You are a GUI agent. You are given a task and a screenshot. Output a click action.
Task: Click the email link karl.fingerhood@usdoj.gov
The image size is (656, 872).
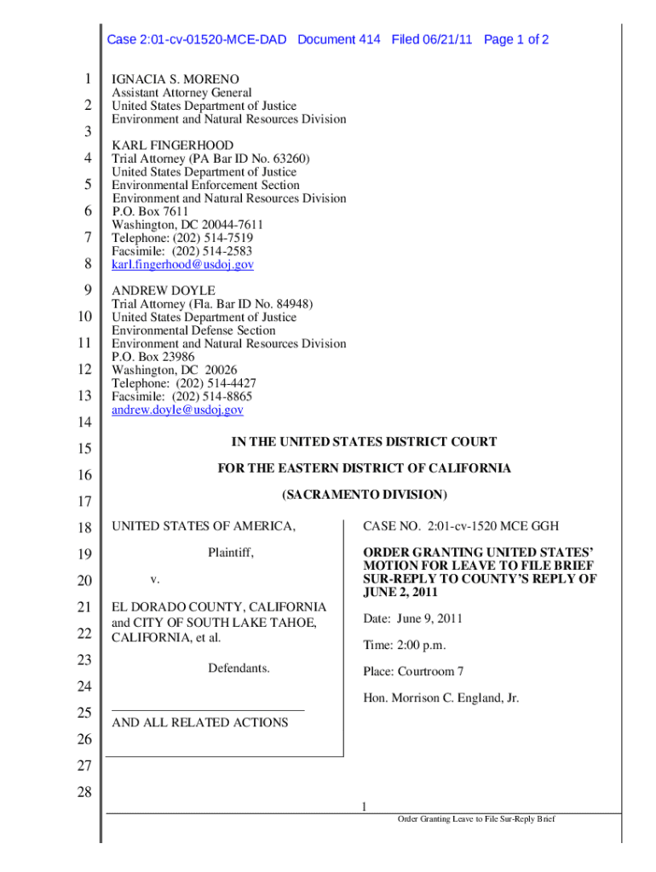[x=183, y=265]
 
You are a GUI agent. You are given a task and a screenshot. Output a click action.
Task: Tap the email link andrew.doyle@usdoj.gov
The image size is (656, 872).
[x=178, y=410]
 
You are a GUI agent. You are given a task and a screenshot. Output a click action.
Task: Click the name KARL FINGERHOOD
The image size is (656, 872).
[x=173, y=146]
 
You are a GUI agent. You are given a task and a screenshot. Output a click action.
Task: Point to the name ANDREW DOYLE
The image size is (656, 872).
[x=164, y=291]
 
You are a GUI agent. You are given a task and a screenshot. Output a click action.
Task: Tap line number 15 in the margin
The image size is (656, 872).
[x=83, y=449]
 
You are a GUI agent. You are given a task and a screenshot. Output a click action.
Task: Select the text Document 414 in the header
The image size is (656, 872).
[x=339, y=40]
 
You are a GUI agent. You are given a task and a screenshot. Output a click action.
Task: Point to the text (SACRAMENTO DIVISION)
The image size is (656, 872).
[x=364, y=495]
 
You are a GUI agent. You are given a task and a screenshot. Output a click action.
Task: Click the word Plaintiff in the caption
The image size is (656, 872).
[x=231, y=554]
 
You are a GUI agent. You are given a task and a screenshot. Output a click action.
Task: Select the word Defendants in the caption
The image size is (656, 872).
[x=239, y=668]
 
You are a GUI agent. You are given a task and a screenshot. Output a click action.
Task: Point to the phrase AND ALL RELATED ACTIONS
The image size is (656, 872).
[x=200, y=723]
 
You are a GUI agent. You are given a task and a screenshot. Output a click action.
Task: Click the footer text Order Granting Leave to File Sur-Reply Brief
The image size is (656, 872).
[x=469, y=819]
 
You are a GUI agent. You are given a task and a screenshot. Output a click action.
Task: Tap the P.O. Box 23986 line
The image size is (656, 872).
[x=153, y=357]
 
